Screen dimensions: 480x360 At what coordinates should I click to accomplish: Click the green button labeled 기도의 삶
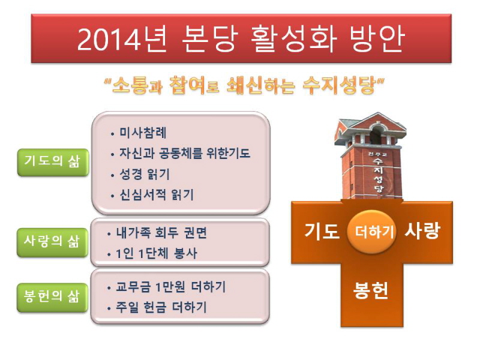point(53,162)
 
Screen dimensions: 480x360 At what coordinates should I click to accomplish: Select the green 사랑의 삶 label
point(52,242)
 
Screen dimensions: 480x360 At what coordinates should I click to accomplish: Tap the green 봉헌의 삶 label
point(52,298)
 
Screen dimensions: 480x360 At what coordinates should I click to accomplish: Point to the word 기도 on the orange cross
point(322,232)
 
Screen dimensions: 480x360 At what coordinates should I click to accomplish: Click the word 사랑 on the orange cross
point(422,231)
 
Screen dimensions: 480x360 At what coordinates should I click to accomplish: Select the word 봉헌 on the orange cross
point(371,290)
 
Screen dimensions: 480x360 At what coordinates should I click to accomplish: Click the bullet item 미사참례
point(143,133)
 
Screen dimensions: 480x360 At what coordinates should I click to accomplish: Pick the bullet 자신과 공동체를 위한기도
point(185,154)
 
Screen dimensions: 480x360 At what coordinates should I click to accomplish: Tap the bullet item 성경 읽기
point(144,174)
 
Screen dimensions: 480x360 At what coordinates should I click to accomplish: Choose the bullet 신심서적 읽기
point(157,194)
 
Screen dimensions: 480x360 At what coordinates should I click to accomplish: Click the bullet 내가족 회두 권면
point(161,233)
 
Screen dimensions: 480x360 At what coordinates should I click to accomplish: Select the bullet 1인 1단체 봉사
point(157,254)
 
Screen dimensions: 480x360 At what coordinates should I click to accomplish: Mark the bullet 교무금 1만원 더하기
point(170,287)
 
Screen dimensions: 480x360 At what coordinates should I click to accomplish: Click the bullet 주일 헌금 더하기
point(161,307)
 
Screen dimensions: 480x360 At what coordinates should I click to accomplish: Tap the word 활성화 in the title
point(293,39)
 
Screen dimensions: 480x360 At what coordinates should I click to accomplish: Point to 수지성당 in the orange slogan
point(340,85)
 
